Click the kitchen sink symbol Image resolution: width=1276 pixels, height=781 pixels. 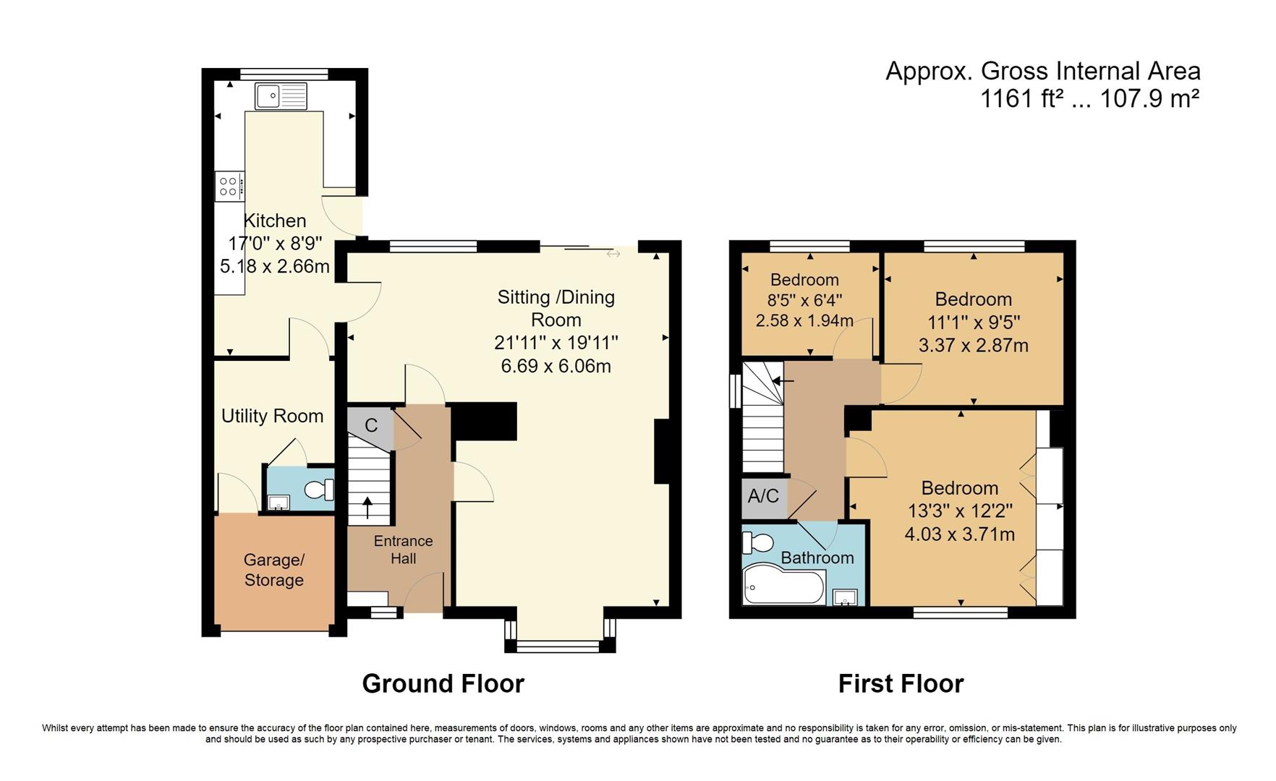tap(281, 95)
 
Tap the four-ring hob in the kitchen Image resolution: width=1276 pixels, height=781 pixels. tap(229, 187)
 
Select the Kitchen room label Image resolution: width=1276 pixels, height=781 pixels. tap(274, 221)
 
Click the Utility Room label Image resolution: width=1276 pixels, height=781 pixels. tap(272, 416)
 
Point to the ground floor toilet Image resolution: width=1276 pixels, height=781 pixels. tap(319, 490)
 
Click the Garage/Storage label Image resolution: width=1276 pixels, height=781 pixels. tap(273, 570)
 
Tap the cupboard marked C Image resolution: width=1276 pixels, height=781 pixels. tap(370, 425)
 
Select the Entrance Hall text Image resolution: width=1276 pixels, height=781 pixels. tap(403, 550)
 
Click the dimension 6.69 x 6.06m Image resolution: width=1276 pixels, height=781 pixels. tap(556, 366)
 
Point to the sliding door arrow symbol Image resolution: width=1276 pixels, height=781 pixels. tap(613, 254)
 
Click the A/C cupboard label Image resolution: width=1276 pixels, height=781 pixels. tap(763, 496)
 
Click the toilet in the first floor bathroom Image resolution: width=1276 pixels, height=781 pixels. tap(759, 542)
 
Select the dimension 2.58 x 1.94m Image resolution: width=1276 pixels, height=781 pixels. tap(804, 320)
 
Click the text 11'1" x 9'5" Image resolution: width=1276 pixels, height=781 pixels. tap(973, 323)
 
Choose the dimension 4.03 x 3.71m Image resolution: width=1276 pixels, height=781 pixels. tap(959, 534)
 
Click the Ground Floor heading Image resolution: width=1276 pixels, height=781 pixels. tap(443, 683)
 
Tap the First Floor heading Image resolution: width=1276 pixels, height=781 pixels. tap(901, 683)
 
